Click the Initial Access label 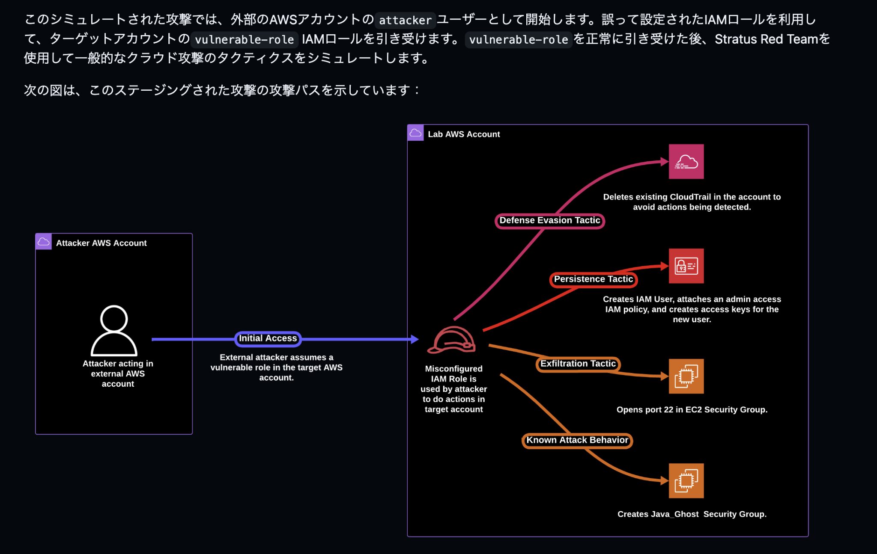(x=268, y=338)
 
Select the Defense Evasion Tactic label (x=549, y=220)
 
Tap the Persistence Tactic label (x=593, y=279)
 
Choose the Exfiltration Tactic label (x=578, y=364)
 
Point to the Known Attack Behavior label (x=577, y=440)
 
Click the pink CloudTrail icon (x=686, y=161)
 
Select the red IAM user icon (x=686, y=266)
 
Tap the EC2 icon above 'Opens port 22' (x=686, y=376)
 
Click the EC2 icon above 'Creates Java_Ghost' (x=686, y=480)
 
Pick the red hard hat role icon (x=452, y=340)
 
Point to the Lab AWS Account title (x=464, y=134)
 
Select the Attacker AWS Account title (x=101, y=243)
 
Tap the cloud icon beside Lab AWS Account (x=415, y=133)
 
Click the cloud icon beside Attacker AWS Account (x=44, y=242)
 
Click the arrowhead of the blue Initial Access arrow (x=415, y=339)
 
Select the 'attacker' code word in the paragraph (x=405, y=20)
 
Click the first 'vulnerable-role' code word (x=244, y=40)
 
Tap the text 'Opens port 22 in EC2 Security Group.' (x=692, y=409)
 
